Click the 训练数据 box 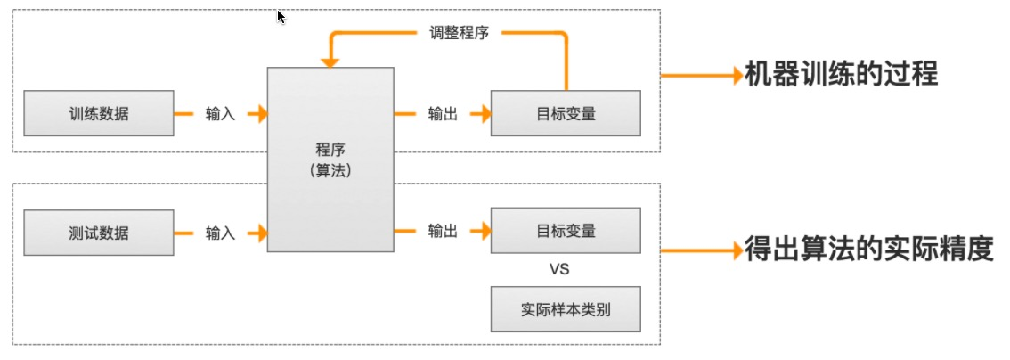(99, 113)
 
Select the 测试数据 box (99, 233)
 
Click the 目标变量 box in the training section (566, 113)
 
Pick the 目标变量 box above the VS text (566, 231)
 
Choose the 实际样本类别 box (566, 309)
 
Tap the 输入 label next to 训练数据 (220, 114)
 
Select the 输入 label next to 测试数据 (220, 233)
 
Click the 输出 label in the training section (443, 114)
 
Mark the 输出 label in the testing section (443, 232)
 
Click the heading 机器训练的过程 (842, 74)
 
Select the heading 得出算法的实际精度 (868, 250)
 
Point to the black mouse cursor (281, 17)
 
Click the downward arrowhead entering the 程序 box (330, 62)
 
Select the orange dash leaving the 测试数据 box (184, 233)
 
